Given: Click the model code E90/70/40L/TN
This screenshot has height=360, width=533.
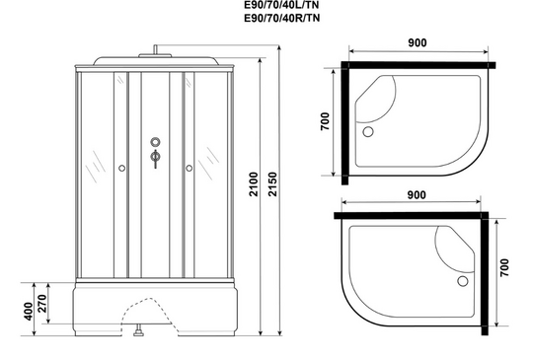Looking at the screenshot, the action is pyautogui.click(x=281, y=4).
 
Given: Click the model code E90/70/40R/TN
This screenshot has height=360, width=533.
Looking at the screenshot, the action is pyautogui.click(x=281, y=18).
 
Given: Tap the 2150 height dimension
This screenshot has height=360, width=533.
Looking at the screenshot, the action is pyautogui.click(x=273, y=184).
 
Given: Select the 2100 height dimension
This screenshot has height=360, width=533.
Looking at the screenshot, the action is pyautogui.click(x=255, y=184).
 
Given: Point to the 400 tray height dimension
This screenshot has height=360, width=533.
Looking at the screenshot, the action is pyautogui.click(x=29, y=311).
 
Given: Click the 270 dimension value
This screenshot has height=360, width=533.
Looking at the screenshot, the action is pyautogui.click(x=41, y=303).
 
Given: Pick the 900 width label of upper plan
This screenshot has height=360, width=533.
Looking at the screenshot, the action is pyautogui.click(x=418, y=42).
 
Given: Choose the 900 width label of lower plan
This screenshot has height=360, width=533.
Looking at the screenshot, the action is pyautogui.click(x=417, y=195).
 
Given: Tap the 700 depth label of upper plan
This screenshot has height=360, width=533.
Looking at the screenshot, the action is pyautogui.click(x=325, y=121).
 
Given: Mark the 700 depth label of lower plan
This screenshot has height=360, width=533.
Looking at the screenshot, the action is pyautogui.click(x=504, y=267).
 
